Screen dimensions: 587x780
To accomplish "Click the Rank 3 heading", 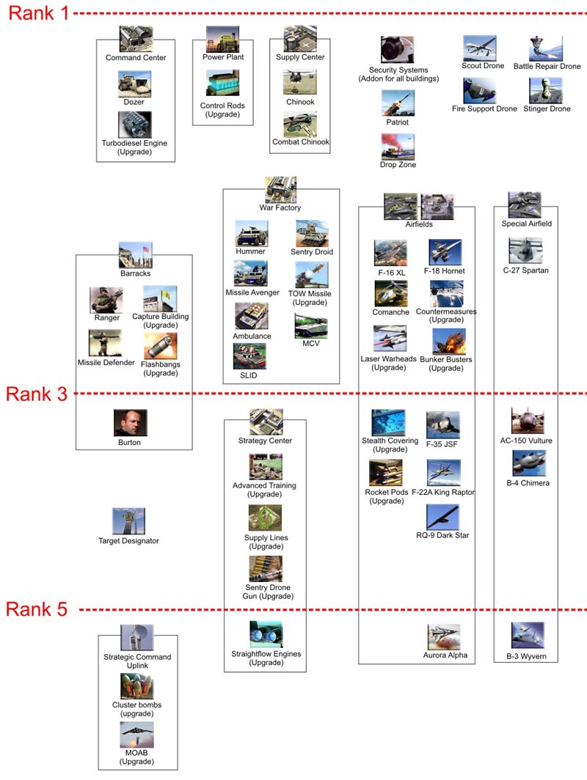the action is pyautogui.click(x=37, y=394).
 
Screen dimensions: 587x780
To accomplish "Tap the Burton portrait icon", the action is pyautogui.click(x=131, y=423).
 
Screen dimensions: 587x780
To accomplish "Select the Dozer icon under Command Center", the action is pyautogui.click(x=134, y=84).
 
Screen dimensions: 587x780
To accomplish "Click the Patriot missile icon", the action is pyautogui.click(x=398, y=103).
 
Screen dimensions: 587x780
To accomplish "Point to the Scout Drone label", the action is pyautogui.click(x=483, y=66).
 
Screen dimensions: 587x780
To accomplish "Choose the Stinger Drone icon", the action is pyautogui.click(x=546, y=91).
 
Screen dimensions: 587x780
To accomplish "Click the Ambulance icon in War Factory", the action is pyautogui.click(x=251, y=316).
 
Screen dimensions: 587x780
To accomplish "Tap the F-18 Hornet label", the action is pyautogui.click(x=444, y=271).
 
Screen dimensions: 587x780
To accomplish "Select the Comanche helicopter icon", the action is pyautogui.click(x=391, y=293).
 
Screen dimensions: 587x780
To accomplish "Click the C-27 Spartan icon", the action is pyautogui.click(x=525, y=251).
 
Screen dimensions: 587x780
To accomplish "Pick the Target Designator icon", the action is pyautogui.click(x=128, y=520).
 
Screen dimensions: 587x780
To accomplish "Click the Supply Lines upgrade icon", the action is pyautogui.click(x=266, y=518).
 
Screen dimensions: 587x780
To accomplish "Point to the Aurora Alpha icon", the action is pyautogui.click(x=444, y=637).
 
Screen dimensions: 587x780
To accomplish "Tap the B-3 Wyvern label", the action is pyautogui.click(x=526, y=657).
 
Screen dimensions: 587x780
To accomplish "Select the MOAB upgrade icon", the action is pyautogui.click(x=137, y=735).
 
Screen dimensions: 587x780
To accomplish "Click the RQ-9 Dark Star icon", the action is pyautogui.click(x=443, y=517).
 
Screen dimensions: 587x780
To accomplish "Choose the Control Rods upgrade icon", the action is pyautogui.click(x=222, y=83).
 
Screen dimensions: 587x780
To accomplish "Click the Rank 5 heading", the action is pyautogui.click(x=37, y=609).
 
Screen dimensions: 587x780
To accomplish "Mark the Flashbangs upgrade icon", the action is pyautogui.click(x=160, y=346).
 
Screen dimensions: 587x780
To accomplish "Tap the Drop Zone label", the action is pyautogui.click(x=398, y=165).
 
